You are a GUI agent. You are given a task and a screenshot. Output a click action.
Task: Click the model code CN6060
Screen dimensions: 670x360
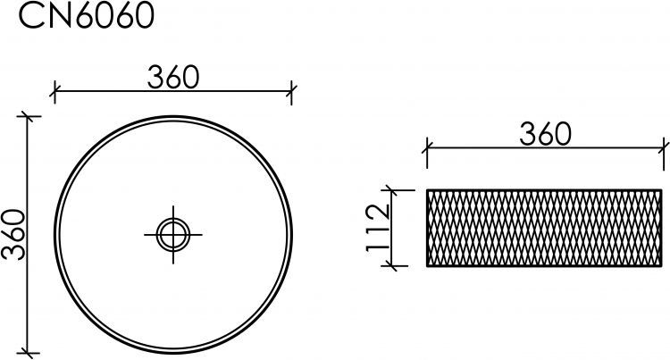pos(86,15)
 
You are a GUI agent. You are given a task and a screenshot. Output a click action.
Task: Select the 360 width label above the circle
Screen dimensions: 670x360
pos(173,78)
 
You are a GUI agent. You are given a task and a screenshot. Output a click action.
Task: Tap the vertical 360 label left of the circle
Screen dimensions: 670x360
pos(13,234)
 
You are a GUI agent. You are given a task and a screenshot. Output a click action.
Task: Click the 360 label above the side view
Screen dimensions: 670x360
pos(545,134)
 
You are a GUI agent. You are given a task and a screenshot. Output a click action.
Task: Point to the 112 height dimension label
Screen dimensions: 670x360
pos(379,228)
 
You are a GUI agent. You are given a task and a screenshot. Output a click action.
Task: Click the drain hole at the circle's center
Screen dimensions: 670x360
pos(173,234)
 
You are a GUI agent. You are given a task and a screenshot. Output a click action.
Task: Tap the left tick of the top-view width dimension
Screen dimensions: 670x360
pos(54,91)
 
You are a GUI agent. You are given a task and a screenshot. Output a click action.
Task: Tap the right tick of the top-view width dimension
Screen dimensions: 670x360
pos(291,91)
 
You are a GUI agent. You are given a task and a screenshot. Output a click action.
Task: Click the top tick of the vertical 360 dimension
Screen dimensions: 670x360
pos(29,116)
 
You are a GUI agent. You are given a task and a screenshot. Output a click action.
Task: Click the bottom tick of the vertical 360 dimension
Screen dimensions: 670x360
pos(29,353)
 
